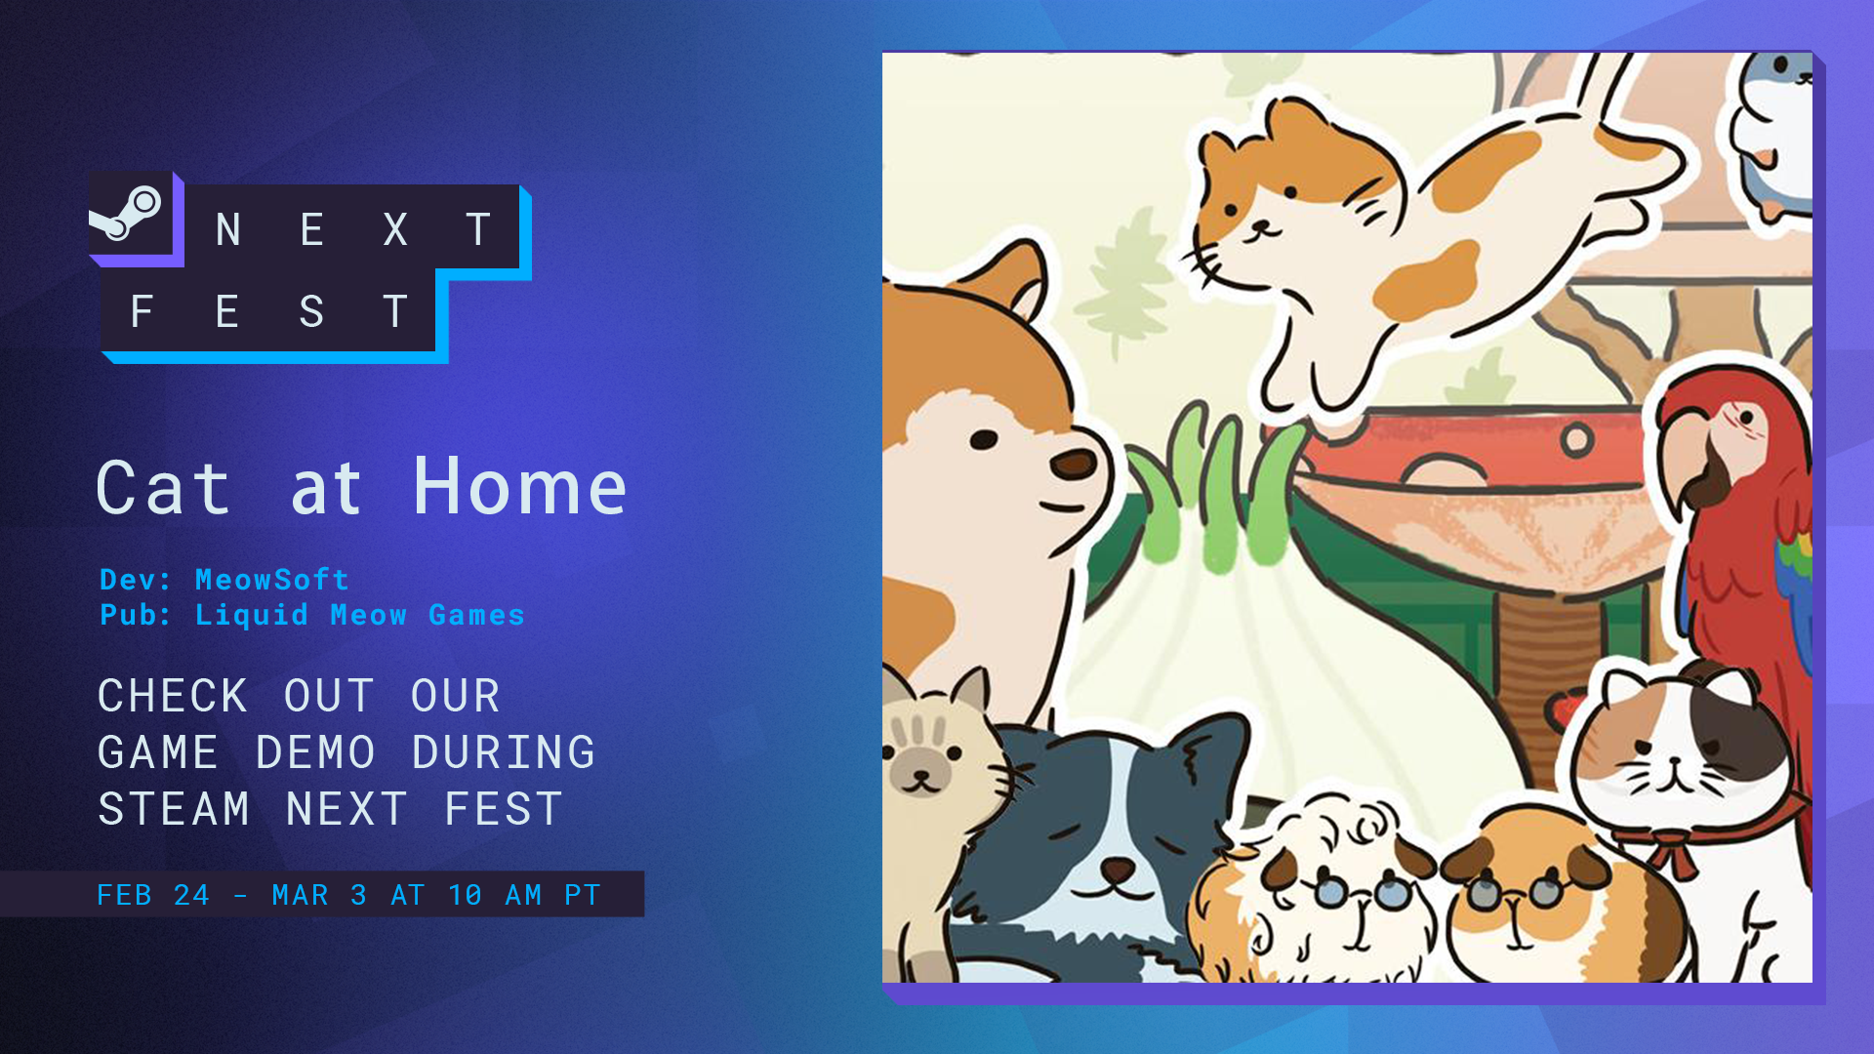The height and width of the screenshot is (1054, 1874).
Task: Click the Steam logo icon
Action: click(x=126, y=213)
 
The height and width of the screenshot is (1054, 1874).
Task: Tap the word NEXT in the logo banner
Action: click(x=353, y=230)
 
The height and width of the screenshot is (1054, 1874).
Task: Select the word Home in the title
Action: click(x=520, y=487)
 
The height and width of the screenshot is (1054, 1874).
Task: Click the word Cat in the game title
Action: click(x=163, y=487)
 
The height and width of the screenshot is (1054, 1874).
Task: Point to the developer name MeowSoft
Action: click(x=272, y=580)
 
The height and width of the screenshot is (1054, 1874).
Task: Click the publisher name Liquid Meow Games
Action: click(x=360, y=615)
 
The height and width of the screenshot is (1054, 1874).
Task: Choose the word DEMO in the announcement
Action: click(x=315, y=752)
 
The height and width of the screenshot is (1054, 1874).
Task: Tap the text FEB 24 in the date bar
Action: click(x=153, y=895)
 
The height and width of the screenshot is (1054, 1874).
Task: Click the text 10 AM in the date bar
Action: click(x=495, y=895)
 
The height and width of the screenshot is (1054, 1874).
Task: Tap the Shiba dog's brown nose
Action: click(x=1075, y=463)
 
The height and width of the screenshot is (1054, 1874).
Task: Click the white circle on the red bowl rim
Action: click(x=1576, y=440)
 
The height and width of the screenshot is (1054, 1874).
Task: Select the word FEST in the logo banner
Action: click(x=269, y=312)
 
